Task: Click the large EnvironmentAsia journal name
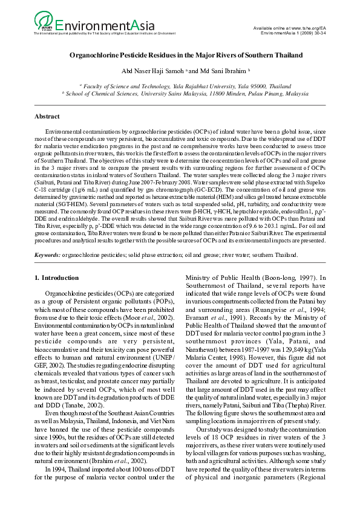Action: click(103, 25)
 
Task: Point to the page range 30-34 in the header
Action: click(318, 34)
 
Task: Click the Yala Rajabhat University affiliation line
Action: click(180, 86)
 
